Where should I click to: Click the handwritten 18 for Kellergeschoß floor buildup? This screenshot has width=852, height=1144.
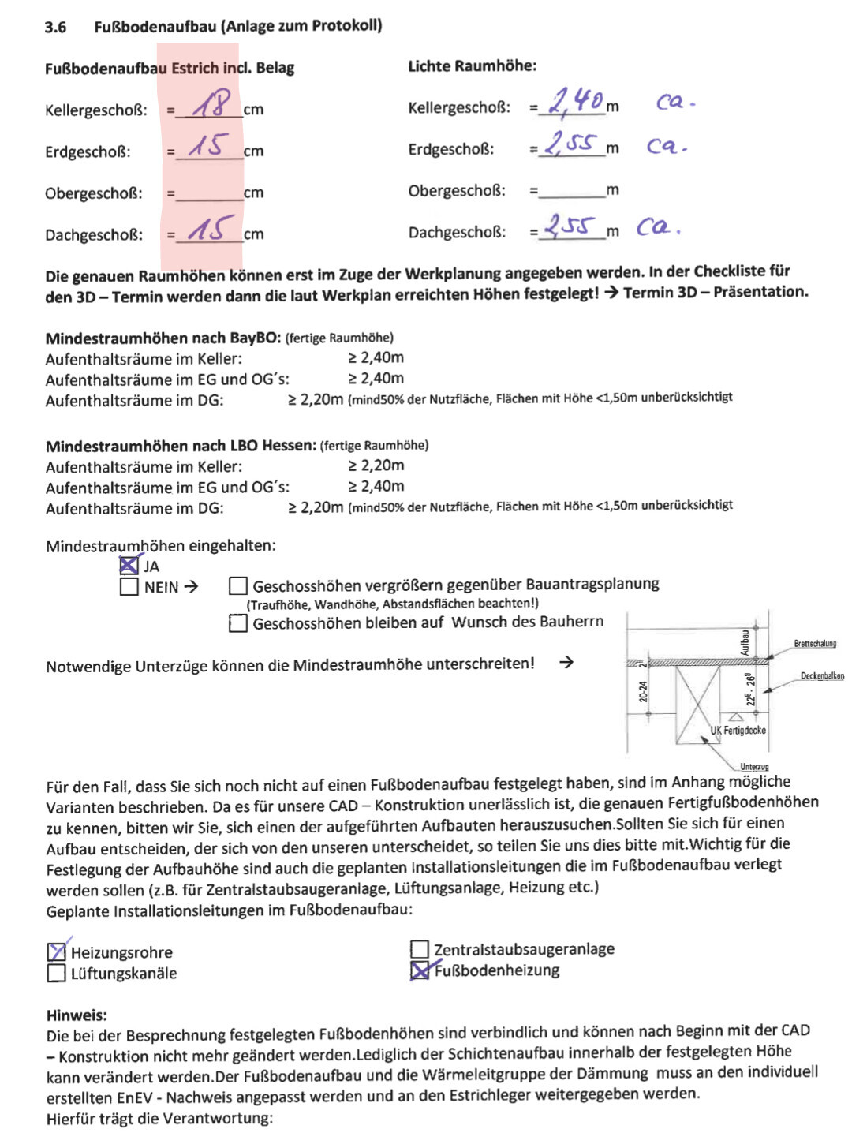coord(211,103)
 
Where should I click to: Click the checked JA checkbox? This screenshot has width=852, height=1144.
coord(129,566)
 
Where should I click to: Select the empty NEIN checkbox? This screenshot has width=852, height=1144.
coord(129,587)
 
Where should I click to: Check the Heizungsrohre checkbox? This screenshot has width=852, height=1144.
coord(57,952)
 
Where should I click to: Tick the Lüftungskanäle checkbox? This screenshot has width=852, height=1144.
coord(57,974)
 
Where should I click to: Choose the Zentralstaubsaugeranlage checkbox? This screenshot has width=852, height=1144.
coord(420,949)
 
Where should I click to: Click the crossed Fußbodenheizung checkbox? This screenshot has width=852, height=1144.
coord(420,970)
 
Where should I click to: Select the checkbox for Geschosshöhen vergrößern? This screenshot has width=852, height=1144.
coord(238,586)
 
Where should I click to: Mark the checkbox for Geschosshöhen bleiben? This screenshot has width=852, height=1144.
coord(238,623)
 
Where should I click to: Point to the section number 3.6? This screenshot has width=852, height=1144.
coord(55,28)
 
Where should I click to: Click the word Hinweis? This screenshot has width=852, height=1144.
coord(77,1015)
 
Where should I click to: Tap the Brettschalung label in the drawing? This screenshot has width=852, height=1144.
coord(815,644)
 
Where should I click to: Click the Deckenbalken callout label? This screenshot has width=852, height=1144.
coord(822,676)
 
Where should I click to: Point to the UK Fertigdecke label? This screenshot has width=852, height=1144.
coord(738,731)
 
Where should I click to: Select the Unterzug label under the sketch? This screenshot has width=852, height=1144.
coord(754,767)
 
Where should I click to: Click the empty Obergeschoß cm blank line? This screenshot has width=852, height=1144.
coord(209,194)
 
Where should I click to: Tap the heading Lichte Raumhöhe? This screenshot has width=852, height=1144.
coord(472,66)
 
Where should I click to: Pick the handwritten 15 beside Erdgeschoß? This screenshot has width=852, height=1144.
coord(208,145)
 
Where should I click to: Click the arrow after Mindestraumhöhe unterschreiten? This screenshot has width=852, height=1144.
coord(566,663)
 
